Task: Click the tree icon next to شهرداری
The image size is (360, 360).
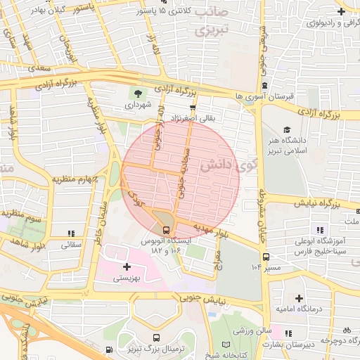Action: [x=138, y=93]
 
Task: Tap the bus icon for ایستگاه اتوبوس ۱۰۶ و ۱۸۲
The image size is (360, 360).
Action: [x=166, y=229]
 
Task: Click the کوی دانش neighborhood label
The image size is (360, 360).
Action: [x=228, y=165]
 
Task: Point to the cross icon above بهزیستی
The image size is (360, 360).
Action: [x=127, y=266]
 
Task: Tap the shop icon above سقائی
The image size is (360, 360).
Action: [x=70, y=233]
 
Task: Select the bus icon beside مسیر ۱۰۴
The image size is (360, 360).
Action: [x=264, y=257]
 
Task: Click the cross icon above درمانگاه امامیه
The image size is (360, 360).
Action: [x=300, y=299]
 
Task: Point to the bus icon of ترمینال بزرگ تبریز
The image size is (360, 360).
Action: [x=109, y=349]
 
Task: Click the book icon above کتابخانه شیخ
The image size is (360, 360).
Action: [x=226, y=345]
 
